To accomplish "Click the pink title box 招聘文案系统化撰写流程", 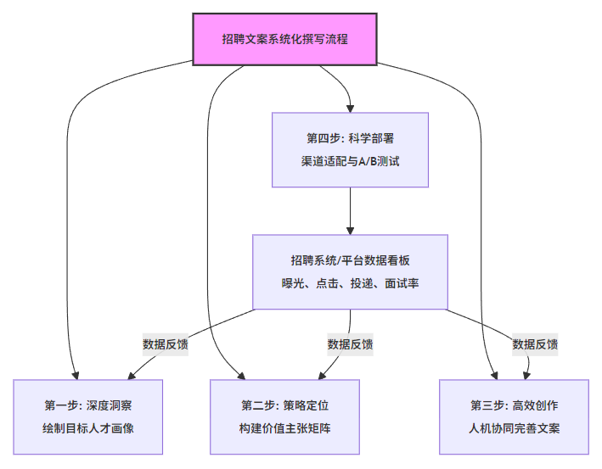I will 284,38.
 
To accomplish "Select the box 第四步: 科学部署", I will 351,149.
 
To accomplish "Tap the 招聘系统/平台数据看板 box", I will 351,271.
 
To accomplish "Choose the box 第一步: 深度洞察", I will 88,416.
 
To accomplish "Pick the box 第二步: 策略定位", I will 284,416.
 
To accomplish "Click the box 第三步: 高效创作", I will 515,416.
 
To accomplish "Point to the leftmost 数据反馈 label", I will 166,344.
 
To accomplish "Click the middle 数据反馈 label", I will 351,344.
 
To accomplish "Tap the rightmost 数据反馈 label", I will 535,344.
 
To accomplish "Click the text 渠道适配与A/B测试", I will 351,161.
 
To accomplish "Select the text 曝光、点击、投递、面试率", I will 351,283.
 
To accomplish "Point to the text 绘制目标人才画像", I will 88,428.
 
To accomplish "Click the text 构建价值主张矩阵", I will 284,428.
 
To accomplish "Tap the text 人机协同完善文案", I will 515,428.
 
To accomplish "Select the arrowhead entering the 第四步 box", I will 351,107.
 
